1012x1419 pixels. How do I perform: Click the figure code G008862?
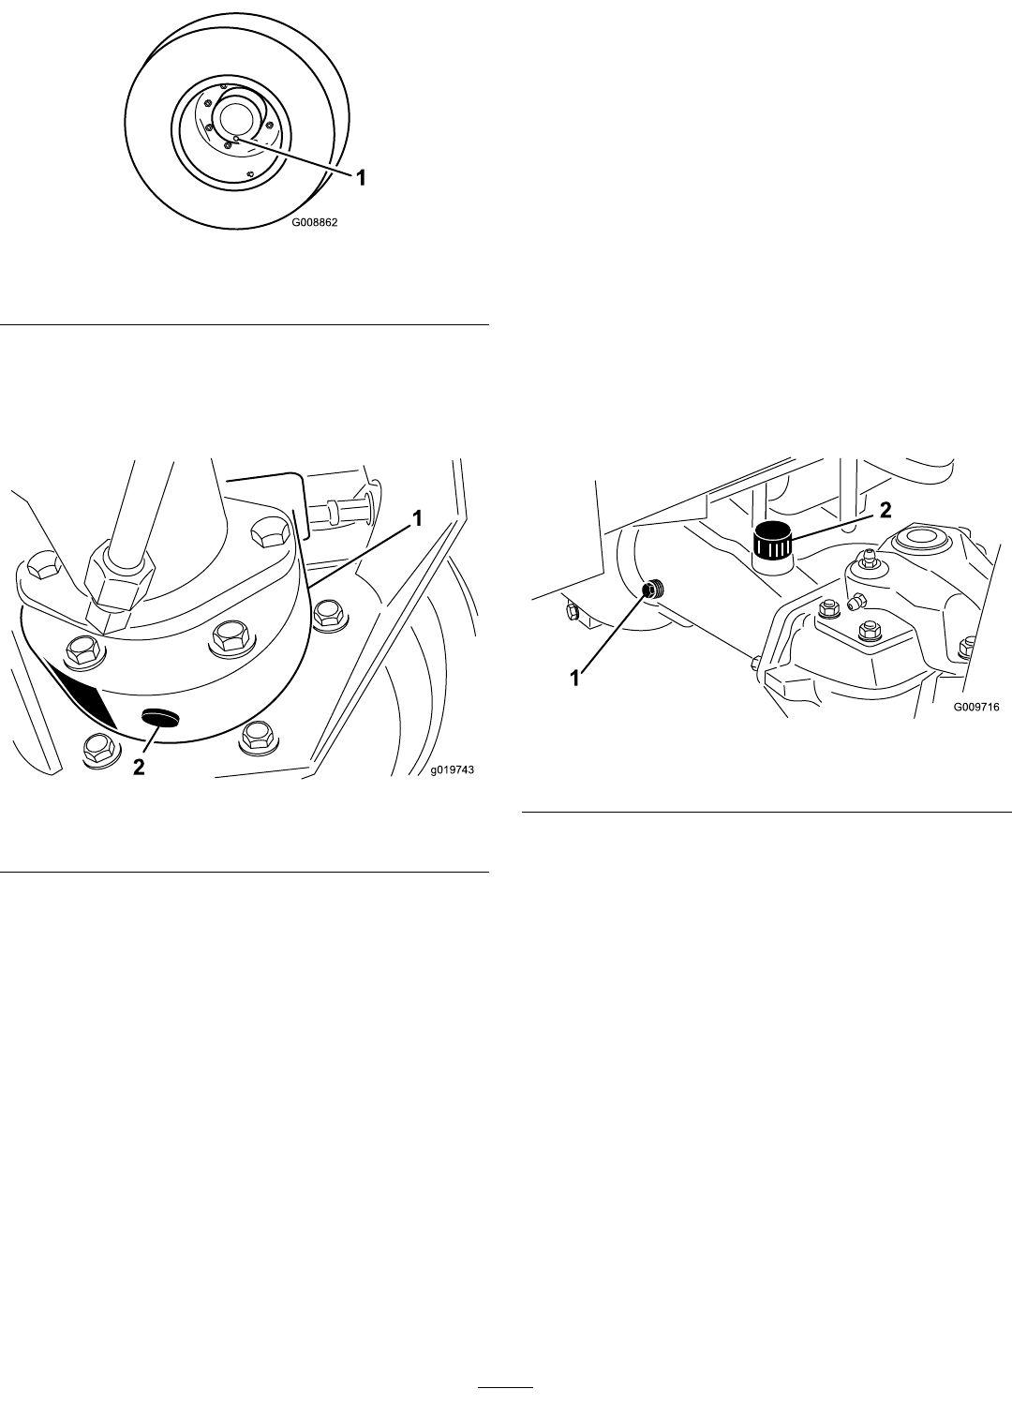[315, 223]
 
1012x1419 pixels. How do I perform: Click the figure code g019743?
[451, 769]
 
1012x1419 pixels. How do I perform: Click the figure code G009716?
[976, 707]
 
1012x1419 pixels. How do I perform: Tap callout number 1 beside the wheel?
[361, 178]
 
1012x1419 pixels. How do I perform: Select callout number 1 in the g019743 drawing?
[417, 519]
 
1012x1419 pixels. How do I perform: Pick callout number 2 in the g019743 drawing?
[138, 768]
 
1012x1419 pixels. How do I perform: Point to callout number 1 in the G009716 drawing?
[575, 679]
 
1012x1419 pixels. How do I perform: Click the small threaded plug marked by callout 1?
[652, 590]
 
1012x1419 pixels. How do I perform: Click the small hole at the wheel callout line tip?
[235, 138]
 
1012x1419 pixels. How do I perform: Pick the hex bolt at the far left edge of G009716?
[570, 611]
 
